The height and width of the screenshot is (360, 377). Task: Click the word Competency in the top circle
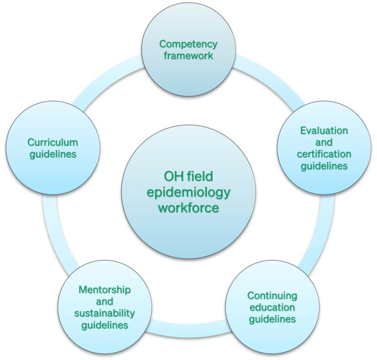188,45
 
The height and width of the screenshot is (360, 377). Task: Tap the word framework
188,56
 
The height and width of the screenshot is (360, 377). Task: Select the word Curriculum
53,142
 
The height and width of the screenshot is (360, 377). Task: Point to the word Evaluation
324,130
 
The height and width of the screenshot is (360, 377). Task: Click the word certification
324,154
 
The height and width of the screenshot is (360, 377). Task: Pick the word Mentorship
105,290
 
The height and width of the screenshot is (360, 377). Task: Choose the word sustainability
105,313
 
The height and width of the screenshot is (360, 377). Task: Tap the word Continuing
272,296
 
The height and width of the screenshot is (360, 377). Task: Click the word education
272,308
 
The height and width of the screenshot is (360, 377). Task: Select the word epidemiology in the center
188,193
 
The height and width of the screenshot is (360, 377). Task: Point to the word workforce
188,207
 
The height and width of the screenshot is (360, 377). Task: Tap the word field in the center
200,176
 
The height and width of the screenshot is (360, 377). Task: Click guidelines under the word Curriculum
53,154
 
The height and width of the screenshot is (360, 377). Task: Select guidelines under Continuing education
272,320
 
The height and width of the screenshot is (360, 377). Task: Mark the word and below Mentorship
105,302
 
